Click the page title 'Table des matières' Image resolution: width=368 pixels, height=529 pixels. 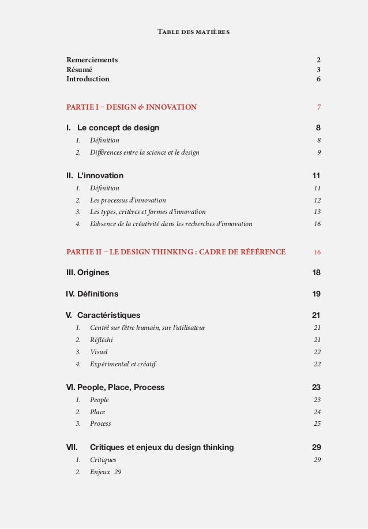pyautogui.click(x=193, y=32)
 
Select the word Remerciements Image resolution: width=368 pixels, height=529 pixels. pyautogui.click(x=92, y=60)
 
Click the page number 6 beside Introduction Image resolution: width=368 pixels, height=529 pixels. pyautogui.click(x=318, y=80)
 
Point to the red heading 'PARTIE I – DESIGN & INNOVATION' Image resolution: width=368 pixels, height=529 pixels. pyautogui.click(x=132, y=107)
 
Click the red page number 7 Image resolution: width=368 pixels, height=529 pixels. pyautogui.click(x=318, y=107)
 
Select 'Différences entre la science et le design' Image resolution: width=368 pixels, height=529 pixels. pyautogui.click(x=144, y=152)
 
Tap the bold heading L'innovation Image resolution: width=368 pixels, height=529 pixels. pyautogui.click(x=100, y=175)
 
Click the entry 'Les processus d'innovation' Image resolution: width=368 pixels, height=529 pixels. pyautogui.click(x=127, y=200)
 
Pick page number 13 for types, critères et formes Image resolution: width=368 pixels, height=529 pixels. pyautogui.click(x=317, y=212)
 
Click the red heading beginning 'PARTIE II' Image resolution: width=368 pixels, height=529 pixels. pyautogui.click(x=176, y=252)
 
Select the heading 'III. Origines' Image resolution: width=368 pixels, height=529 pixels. pyautogui.click(x=88, y=272)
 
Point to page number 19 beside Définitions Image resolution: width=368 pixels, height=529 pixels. pyautogui.click(x=316, y=294)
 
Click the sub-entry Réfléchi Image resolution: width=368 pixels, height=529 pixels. pyautogui.click(x=101, y=340)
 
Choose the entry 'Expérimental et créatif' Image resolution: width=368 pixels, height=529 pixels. pyautogui.click(x=123, y=364)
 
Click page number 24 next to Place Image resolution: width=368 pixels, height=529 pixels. pyautogui.click(x=317, y=412)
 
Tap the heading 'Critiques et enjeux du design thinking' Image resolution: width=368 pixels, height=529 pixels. pyautogui.click(x=162, y=447)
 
